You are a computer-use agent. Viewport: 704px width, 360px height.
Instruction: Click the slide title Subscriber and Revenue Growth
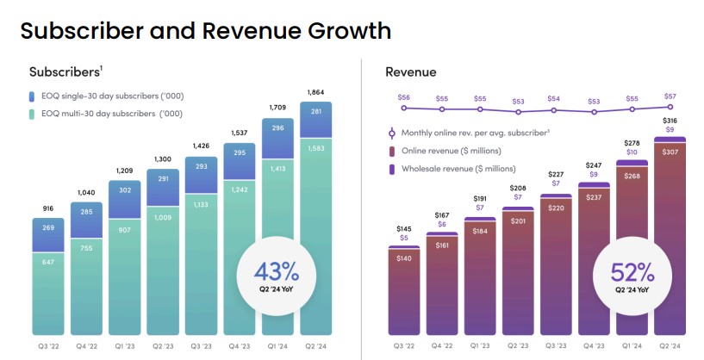click(205, 32)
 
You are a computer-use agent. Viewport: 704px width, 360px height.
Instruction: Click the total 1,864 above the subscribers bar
click(315, 92)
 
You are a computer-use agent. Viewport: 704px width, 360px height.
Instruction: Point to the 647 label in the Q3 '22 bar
click(49, 261)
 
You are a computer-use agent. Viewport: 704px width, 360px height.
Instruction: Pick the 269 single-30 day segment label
click(49, 228)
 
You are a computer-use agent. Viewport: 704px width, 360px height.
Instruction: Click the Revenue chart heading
click(410, 72)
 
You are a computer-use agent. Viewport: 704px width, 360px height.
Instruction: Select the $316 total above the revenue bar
click(669, 120)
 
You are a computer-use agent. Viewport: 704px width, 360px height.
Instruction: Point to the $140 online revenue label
click(403, 257)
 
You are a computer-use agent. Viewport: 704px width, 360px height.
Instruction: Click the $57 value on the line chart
click(669, 96)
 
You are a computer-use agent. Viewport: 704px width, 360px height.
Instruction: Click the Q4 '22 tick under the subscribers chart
click(87, 347)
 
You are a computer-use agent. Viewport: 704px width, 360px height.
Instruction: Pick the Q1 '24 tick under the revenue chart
click(631, 347)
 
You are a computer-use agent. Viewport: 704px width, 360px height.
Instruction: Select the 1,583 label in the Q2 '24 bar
click(315, 148)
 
